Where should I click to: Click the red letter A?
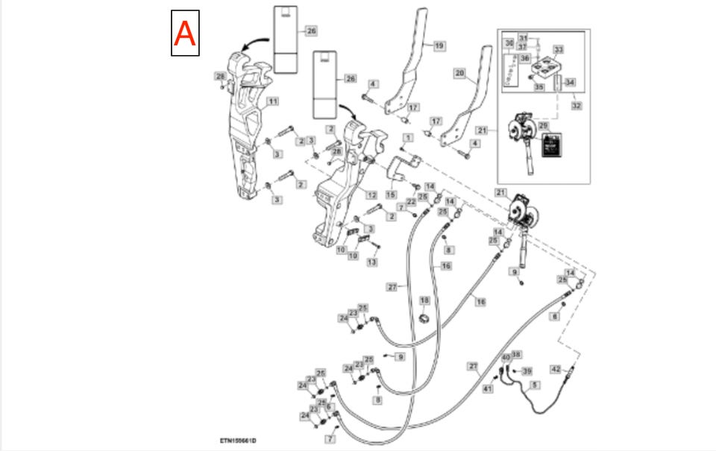(184, 34)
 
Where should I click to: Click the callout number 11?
(272, 101)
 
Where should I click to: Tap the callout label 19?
(439, 45)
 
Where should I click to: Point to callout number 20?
(459, 73)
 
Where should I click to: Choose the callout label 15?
(391, 195)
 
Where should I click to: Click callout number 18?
(424, 300)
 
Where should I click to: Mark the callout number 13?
(371, 262)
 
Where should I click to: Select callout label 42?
(556, 369)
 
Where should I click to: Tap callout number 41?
(488, 388)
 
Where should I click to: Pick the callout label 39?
(527, 370)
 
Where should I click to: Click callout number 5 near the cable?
(535, 385)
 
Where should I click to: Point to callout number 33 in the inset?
(558, 50)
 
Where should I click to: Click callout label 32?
(576, 106)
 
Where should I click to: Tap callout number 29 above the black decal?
(543, 125)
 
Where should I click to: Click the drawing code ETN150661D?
(243, 441)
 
